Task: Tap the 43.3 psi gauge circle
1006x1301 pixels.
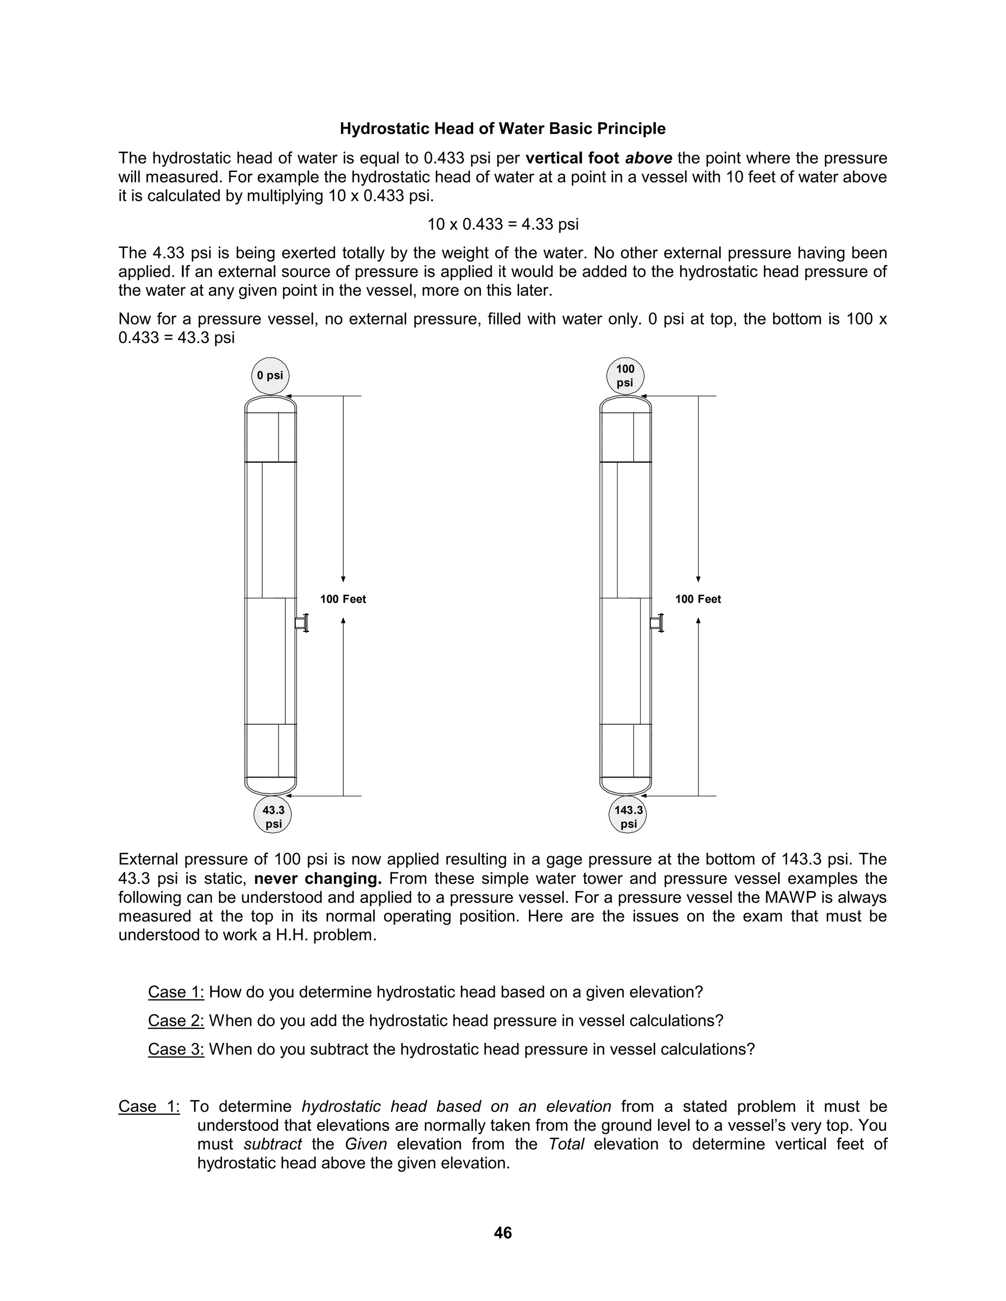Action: pyautogui.click(x=273, y=817)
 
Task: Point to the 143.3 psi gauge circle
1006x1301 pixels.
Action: pyautogui.click(x=628, y=817)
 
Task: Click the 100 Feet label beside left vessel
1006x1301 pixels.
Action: pyautogui.click(x=343, y=599)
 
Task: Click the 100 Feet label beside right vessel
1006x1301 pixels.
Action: pyautogui.click(x=698, y=599)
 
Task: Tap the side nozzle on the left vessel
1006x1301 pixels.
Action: pyautogui.click(x=302, y=623)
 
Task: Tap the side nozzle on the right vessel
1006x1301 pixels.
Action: pyautogui.click(x=657, y=623)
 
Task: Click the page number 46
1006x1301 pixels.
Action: pyautogui.click(x=503, y=1232)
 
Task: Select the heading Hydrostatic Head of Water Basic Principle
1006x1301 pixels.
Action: pyautogui.click(x=503, y=129)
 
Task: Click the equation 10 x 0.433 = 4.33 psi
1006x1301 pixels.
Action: pyautogui.click(x=503, y=224)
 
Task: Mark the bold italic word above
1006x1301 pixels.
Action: pyautogui.click(x=648, y=159)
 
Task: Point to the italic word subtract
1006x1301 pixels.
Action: pyautogui.click(x=272, y=1144)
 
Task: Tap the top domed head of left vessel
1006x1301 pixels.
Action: pyautogui.click(x=271, y=403)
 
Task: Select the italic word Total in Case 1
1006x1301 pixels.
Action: pyautogui.click(x=566, y=1144)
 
